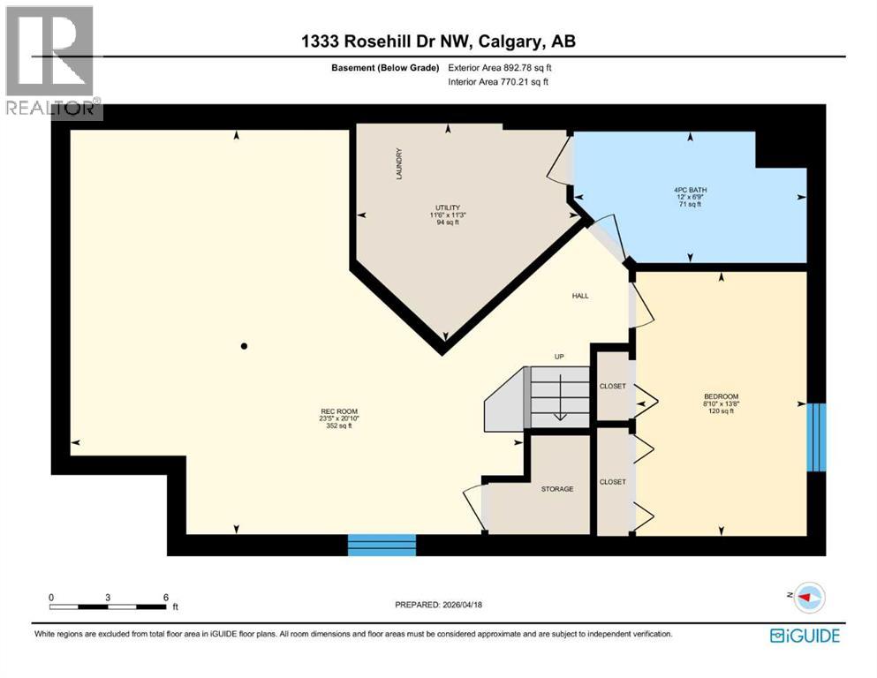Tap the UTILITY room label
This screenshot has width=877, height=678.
coord(447,207)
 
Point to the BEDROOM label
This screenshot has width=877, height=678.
coord(721,396)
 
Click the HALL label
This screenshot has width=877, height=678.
coord(579,296)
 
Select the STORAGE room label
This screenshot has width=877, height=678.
coord(557,488)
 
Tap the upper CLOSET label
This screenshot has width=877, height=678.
coord(612,386)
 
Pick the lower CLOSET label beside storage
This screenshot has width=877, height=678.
coord(612,481)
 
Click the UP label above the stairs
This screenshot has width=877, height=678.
coord(558,357)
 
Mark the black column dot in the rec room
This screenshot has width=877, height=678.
coord(245,346)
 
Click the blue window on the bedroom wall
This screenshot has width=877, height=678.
coord(818,437)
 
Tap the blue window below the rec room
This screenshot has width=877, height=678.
coord(382,545)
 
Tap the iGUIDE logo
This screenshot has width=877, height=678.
coord(804,635)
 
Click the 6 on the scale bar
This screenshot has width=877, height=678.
coord(165,597)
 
